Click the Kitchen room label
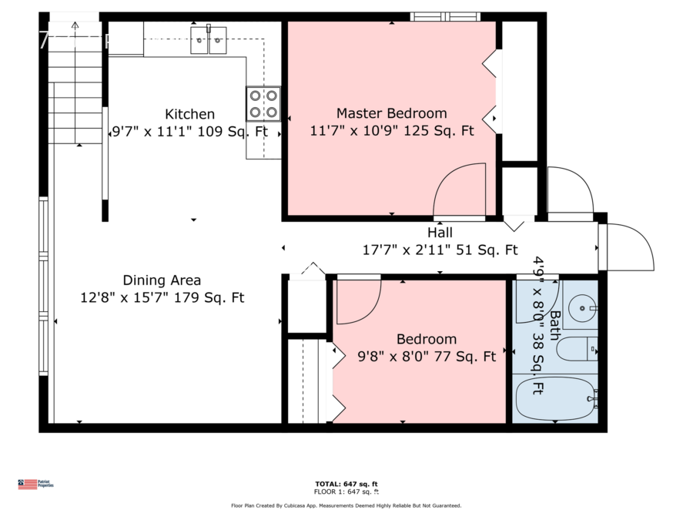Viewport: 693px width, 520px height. pos(189,114)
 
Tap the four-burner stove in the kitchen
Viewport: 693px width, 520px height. pos(263,103)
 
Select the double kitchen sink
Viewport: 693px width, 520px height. pos(209,39)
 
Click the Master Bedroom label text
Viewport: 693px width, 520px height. pos(391,113)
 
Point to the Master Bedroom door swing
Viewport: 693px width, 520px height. pos(460,191)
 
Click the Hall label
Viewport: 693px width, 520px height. pos(440,233)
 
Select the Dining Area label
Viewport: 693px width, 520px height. pos(162,280)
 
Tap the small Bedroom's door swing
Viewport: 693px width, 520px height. pos(360,300)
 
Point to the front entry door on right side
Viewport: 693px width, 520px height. pos(630,247)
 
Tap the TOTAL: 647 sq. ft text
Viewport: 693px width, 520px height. pos(346,483)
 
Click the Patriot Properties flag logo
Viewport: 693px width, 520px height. pos(28,485)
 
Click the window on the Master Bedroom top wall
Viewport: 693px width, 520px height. pos(444,16)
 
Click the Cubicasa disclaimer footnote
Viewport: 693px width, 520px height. pos(346,506)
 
